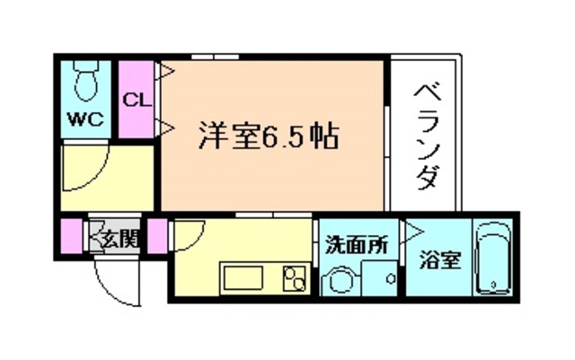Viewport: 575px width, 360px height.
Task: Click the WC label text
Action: pos(86,119)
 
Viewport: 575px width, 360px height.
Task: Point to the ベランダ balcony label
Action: pos(427,135)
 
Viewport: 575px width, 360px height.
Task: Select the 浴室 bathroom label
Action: pos(440,260)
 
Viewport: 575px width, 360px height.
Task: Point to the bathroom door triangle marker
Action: pos(414,231)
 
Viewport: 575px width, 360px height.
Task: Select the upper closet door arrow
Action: pos(165,68)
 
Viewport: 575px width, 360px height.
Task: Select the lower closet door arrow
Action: pos(165,126)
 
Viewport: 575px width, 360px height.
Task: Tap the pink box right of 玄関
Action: pos(157,236)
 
